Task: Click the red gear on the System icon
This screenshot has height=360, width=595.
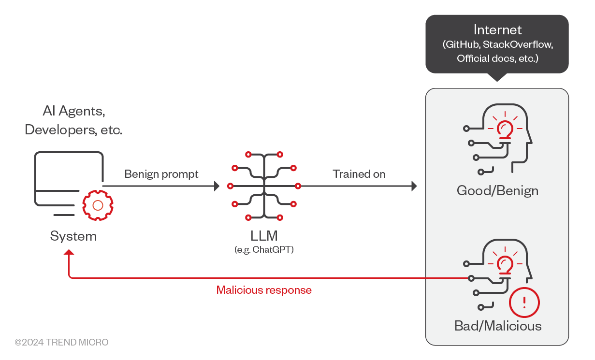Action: coord(98,205)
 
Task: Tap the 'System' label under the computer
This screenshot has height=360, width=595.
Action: coord(73,236)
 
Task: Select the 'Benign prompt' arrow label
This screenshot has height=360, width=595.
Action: coord(161,174)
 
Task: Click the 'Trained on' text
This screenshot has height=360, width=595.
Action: coord(359,174)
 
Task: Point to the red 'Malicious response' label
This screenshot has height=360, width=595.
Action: coord(264,290)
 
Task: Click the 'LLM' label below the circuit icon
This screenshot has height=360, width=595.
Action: coord(264,236)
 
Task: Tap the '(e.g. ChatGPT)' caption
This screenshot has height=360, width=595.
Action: coord(264,250)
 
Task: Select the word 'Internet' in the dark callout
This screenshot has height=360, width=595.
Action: coord(497,29)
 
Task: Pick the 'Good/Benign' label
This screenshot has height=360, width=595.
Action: coord(497,190)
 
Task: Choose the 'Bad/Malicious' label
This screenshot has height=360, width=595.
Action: coord(498,326)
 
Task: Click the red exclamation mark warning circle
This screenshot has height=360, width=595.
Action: coord(524,302)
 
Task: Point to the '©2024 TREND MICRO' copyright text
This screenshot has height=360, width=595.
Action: coord(61,342)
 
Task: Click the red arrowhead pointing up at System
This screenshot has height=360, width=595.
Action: coord(69,253)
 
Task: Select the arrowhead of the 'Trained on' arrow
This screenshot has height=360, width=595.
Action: coord(414,186)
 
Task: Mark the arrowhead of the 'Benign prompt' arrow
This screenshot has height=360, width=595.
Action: coord(217,186)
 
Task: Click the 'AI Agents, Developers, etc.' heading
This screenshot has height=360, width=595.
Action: coord(73,121)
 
